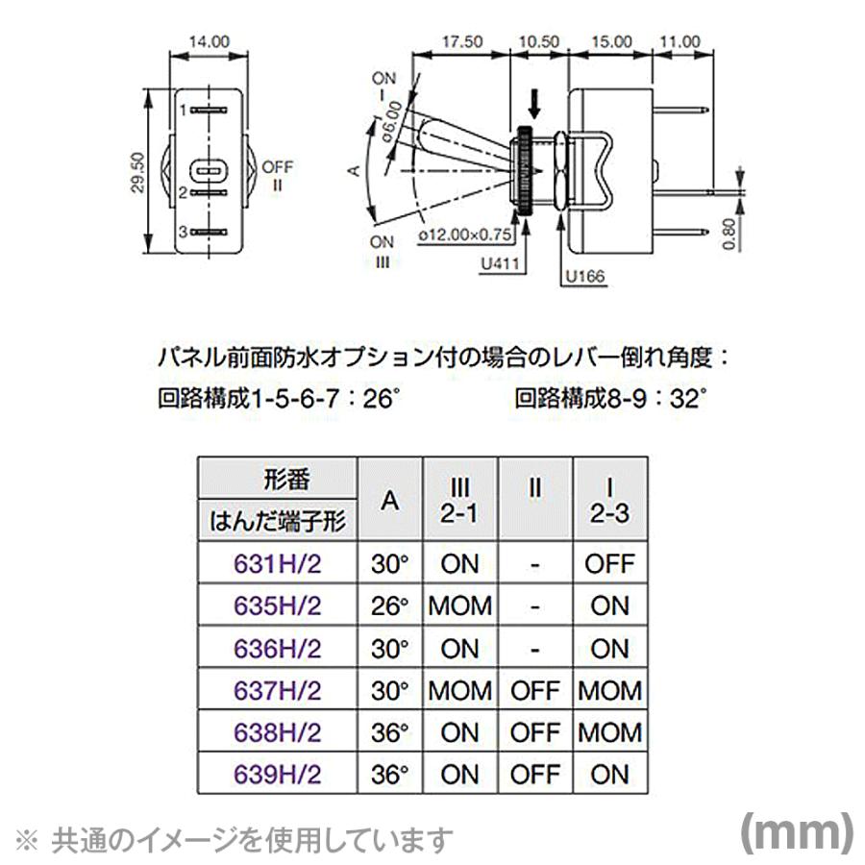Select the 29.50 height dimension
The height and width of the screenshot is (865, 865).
[137, 172]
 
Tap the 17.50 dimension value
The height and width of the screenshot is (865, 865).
[461, 41]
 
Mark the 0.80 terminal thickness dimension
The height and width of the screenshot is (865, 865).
[731, 232]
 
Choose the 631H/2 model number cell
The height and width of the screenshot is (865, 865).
[278, 563]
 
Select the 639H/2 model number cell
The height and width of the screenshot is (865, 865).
[278, 774]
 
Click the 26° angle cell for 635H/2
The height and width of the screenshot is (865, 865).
[389, 605]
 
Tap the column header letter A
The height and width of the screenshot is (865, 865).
[389, 500]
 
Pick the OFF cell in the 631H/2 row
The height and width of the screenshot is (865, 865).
[609, 563]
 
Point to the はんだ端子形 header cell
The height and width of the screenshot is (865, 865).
[278, 522]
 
